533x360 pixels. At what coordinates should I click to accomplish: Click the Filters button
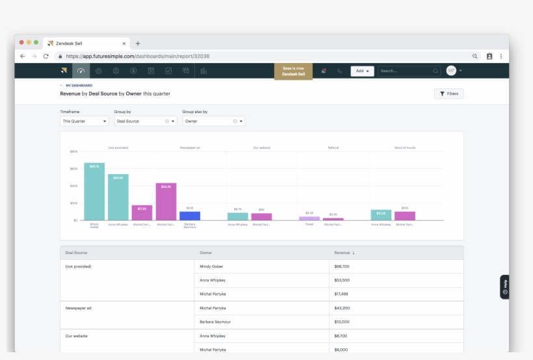click(x=448, y=94)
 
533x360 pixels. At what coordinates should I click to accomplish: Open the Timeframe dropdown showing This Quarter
click(x=84, y=121)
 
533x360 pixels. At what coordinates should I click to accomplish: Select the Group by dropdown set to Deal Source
click(x=145, y=121)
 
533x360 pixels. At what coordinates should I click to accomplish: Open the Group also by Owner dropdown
click(x=213, y=121)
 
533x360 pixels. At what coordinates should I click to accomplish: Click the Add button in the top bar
click(x=362, y=71)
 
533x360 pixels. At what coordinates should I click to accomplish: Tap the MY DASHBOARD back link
click(x=79, y=85)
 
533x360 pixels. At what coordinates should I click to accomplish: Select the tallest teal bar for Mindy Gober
click(x=94, y=192)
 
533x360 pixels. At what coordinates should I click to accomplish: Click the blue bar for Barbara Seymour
click(x=190, y=216)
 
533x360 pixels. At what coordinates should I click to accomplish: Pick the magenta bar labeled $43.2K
click(x=166, y=201)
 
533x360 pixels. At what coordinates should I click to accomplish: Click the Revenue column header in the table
click(x=344, y=252)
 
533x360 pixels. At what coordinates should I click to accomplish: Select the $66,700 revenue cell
click(x=342, y=266)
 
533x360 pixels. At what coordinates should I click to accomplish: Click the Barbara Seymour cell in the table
click(x=215, y=322)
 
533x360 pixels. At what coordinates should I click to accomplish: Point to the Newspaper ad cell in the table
click(x=78, y=308)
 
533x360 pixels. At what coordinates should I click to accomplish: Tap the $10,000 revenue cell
click(x=342, y=322)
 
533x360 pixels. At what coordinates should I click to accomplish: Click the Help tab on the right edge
click(x=504, y=287)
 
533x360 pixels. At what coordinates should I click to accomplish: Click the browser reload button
click(x=46, y=57)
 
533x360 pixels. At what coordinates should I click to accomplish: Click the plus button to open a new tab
click(x=138, y=43)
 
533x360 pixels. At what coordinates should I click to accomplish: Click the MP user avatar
click(x=451, y=71)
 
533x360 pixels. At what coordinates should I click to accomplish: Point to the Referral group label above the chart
click(x=333, y=148)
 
